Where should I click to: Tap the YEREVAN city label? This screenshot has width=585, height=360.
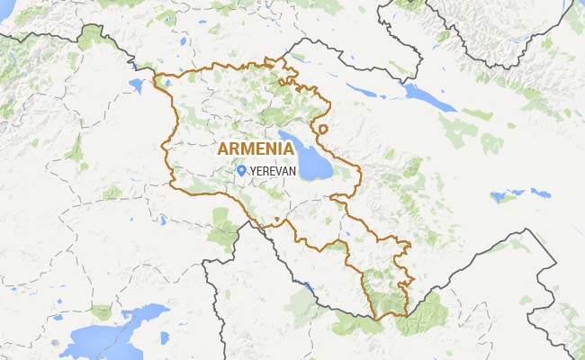(x=274, y=170)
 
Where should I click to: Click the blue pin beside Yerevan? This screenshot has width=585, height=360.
(x=242, y=169)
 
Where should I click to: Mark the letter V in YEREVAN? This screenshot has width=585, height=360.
(x=281, y=170)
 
